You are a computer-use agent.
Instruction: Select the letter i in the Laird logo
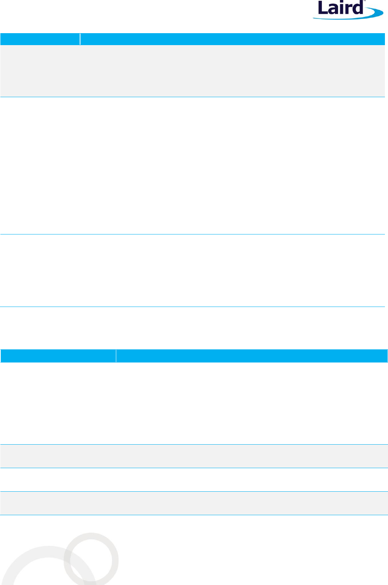(341, 8)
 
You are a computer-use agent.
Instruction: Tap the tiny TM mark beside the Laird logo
(365, 2)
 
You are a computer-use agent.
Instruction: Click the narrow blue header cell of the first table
(40, 39)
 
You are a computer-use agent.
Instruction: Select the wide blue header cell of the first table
(232, 39)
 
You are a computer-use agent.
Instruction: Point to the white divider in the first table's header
(80, 39)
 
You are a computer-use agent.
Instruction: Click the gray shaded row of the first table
(192, 71)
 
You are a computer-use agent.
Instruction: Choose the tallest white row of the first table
(192, 165)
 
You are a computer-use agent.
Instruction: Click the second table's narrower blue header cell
(58, 356)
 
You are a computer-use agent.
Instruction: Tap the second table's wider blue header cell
(252, 356)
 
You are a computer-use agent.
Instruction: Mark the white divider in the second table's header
(116, 356)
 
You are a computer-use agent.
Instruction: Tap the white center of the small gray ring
(91, 560)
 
